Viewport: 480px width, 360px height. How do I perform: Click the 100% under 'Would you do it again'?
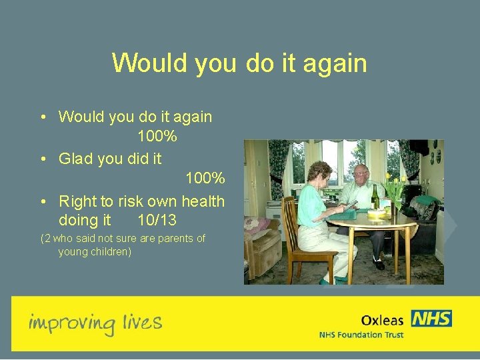coord(157,137)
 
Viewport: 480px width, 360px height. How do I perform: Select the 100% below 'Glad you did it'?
coord(205,179)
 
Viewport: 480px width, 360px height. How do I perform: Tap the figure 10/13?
coord(157,220)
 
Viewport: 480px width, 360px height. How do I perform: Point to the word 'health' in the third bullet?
coord(203,201)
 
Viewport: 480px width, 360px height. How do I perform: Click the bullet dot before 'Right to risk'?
coord(43,201)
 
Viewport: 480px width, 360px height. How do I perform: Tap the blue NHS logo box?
coord(431,319)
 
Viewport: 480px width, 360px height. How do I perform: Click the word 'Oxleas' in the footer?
coord(382,320)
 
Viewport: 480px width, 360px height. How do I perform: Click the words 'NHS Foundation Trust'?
coord(361,335)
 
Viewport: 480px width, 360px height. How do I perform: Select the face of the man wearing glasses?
coord(361,175)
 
